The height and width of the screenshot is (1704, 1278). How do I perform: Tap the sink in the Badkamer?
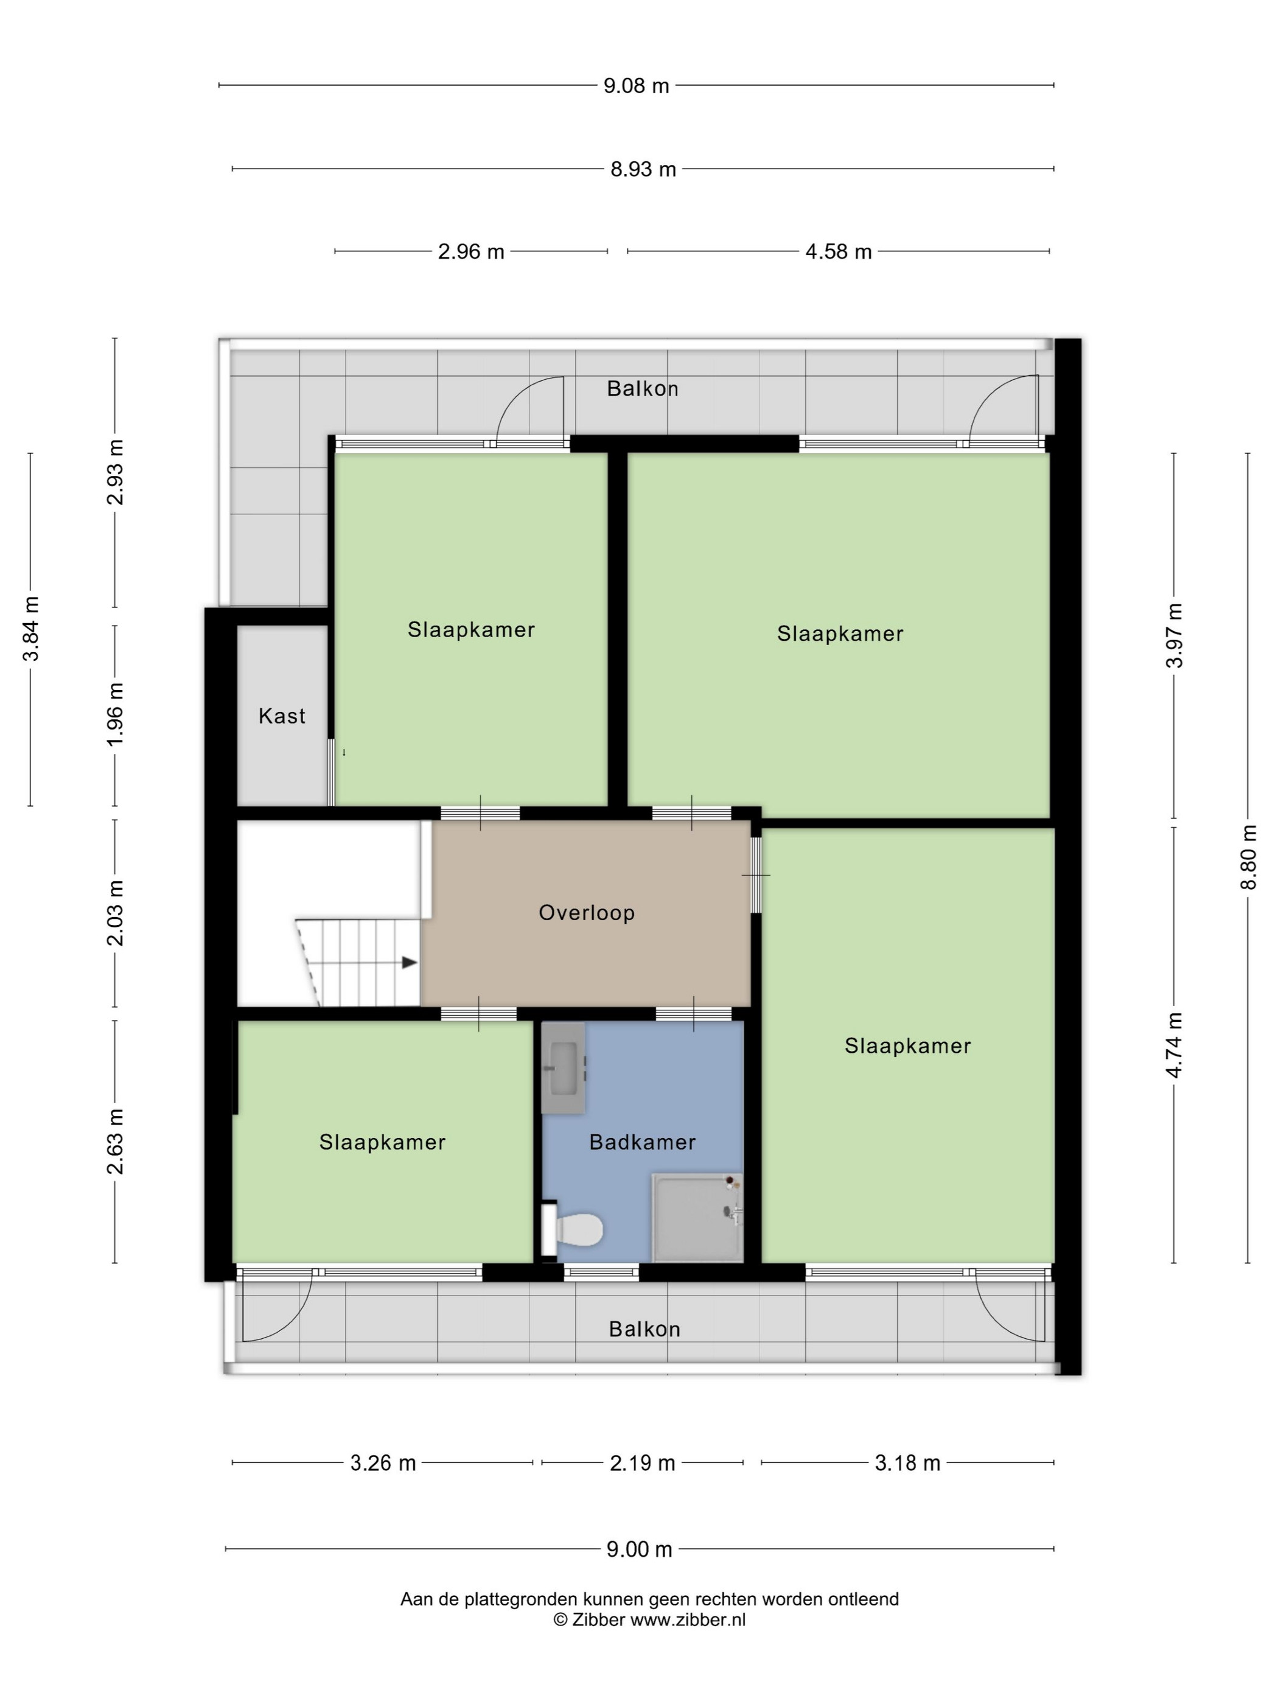pyautogui.click(x=563, y=1067)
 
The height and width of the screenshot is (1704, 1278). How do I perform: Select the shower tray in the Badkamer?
pyautogui.click(x=697, y=1218)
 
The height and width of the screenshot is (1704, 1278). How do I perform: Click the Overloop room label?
pyautogui.click(x=587, y=913)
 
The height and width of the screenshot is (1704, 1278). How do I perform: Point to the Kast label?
pyautogui.click(x=282, y=716)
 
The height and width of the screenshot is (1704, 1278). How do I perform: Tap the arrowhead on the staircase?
pyautogui.click(x=410, y=963)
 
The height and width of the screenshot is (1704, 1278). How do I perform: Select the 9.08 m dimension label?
pyautogui.click(x=637, y=86)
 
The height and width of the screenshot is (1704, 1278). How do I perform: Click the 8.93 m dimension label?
pyautogui.click(x=643, y=169)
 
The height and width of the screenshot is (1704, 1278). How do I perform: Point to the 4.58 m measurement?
pyautogui.click(x=838, y=252)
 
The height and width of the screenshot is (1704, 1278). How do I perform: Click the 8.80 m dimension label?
pyautogui.click(x=1248, y=857)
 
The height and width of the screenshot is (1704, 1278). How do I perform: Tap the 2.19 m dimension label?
pyautogui.click(x=643, y=1463)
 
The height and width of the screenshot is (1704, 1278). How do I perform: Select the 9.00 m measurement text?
pyautogui.click(x=640, y=1549)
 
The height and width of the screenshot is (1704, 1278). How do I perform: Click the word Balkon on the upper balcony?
pyautogui.click(x=643, y=389)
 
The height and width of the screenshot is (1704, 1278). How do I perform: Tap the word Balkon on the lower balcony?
pyautogui.click(x=644, y=1330)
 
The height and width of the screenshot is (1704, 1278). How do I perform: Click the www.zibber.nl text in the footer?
pyautogui.click(x=688, y=1620)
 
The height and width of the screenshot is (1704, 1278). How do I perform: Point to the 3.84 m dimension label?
pyautogui.click(x=31, y=629)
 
